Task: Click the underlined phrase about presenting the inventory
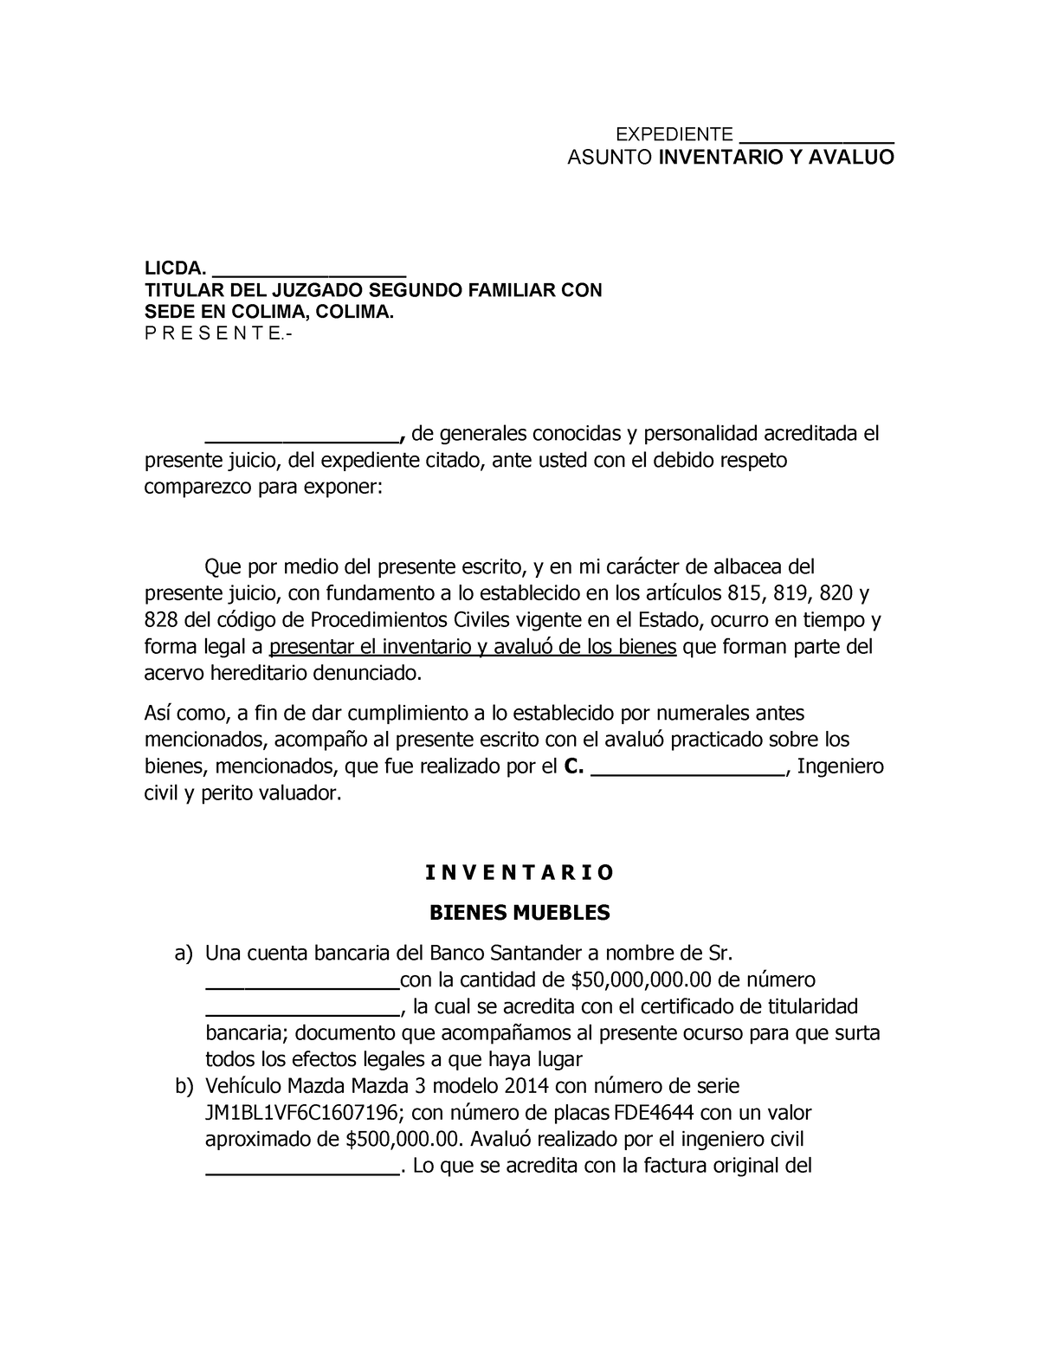[x=473, y=647]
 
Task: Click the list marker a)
[x=183, y=954]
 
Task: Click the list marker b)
[x=183, y=1086]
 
